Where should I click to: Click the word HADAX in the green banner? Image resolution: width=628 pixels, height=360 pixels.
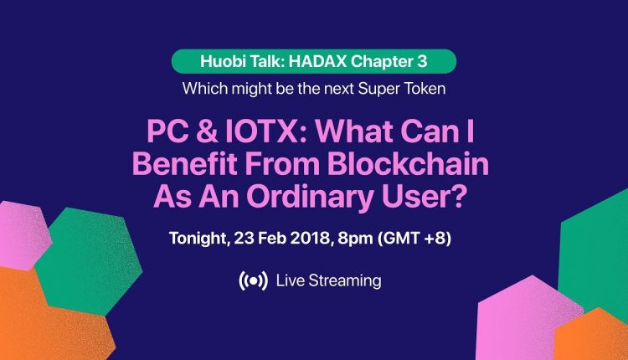point(317,61)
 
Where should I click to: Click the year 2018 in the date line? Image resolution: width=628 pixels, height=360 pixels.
point(310,238)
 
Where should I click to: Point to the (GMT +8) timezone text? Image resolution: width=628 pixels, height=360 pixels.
point(414,239)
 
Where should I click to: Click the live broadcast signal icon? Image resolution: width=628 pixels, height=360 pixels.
point(253,280)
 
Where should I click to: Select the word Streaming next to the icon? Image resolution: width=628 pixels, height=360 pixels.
point(345,281)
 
